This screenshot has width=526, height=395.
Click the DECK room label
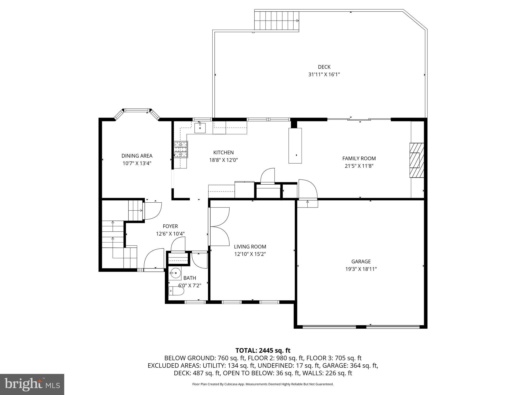click(324, 67)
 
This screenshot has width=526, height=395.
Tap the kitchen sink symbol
click(200, 128)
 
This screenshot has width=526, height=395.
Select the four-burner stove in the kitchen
click(181, 149)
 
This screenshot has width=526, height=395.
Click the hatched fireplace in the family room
click(416, 160)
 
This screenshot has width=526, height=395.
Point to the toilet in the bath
click(176, 291)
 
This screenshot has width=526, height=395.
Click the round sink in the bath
click(175, 273)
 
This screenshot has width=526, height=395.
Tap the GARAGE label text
click(361, 262)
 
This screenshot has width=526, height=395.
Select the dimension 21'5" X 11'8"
click(359, 166)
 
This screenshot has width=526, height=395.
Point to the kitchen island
click(295, 145)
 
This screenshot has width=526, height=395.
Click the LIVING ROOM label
click(250, 247)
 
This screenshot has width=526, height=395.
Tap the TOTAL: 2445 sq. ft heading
click(263, 350)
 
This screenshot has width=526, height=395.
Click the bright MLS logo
click(32, 384)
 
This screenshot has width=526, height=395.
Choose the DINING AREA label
click(137, 156)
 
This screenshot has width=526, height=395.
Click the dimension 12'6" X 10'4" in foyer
click(170, 234)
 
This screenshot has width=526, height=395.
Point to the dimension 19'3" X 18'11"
click(361, 269)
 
